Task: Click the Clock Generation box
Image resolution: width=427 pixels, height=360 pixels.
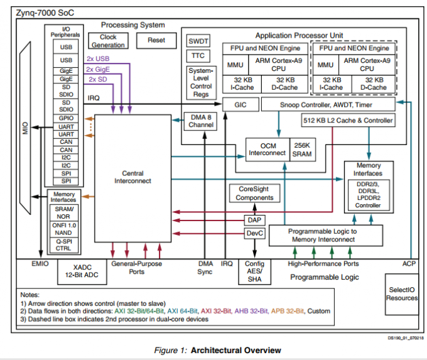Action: point(108,41)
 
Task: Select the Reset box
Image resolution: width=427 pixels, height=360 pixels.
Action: point(156,40)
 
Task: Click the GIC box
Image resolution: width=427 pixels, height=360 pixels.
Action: point(239,104)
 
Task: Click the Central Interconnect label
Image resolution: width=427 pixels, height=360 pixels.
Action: point(129,177)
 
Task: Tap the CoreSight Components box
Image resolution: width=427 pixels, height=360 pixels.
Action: point(254,193)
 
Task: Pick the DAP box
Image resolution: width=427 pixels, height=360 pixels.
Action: point(254,220)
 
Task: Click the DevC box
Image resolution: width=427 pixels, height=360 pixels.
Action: point(254,234)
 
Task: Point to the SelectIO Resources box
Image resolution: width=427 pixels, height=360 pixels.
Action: point(401,293)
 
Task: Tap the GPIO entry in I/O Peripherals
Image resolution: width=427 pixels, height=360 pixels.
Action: point(66,118)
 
